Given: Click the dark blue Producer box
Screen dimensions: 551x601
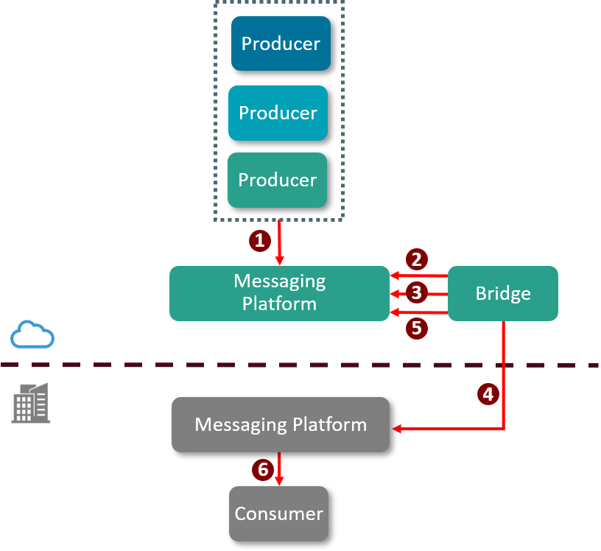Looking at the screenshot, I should [281, 43].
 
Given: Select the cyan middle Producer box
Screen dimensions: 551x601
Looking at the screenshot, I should [278, 113].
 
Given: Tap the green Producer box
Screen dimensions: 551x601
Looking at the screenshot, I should [277, 180].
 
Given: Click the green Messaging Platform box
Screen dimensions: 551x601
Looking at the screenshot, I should [279, 293].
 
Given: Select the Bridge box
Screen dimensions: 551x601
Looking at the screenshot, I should [503, 294].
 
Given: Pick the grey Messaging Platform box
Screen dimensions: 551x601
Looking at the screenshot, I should [280, 424].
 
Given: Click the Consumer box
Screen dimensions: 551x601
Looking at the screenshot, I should [278, 513].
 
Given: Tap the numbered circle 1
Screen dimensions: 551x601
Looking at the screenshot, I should [259, 239].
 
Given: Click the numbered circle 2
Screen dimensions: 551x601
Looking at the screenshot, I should [416, 259].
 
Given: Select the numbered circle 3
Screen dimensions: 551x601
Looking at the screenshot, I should [416, 292].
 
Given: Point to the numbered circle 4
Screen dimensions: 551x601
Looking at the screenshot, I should [487, 393].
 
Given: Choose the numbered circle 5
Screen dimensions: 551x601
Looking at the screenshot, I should [416, 328].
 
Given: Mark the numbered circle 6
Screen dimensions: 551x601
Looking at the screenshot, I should [261, 469].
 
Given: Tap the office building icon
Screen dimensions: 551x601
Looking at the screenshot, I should [31, 403].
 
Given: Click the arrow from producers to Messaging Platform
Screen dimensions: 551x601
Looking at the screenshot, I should [279, 243].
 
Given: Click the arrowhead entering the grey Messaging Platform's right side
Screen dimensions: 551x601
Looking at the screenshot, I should [396, 429].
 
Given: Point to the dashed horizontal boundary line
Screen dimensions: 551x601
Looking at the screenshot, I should [221, 365].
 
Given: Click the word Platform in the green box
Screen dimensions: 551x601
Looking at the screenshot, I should [279, 303].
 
